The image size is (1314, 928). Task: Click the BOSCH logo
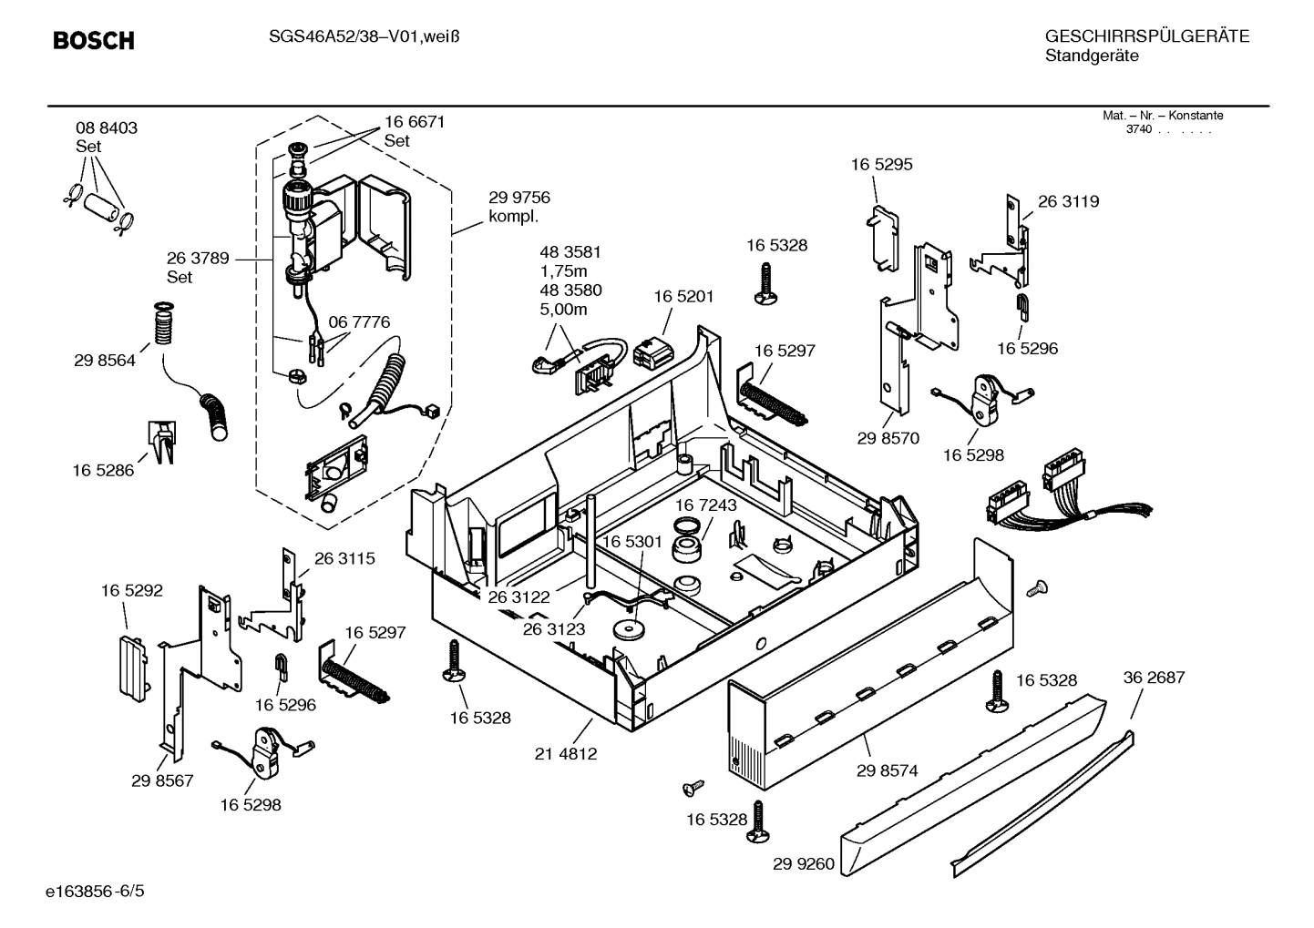pyautogui.click(x=93, y=41)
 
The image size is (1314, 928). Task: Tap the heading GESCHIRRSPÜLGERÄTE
pyautogui.click(x=1146, y=37)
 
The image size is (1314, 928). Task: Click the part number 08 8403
pyautogui.click(x=107, y=128)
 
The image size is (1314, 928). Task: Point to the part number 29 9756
pyautogui.click(x=519, y=198)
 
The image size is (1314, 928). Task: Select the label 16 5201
pyautogui.click(x=683, y=296)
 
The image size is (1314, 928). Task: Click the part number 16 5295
pyautogui.click(x=881, y=165)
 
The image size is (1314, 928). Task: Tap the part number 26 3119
pyautogui.click(x=1068, y=201)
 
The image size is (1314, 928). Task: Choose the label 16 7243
pyautogui.click(x=706, y=505)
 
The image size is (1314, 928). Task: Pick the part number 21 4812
pyautogui.click(x=566, y=753)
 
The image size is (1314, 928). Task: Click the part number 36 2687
pyautogui.click(x=1154, y=678)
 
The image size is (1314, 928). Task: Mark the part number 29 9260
pyautogui.click(x=804, y=863)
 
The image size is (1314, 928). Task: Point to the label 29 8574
pyautogui.click(x=887, y=770)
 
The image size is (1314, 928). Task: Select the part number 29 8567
pyautogui.click(x=162, y=780)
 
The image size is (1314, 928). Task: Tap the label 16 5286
pyautogui.click(x=103, y=470)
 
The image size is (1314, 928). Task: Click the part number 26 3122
pyautogui.click(x=518, y=597)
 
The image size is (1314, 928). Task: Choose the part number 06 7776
pyautogui.click(x=359, y=321)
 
